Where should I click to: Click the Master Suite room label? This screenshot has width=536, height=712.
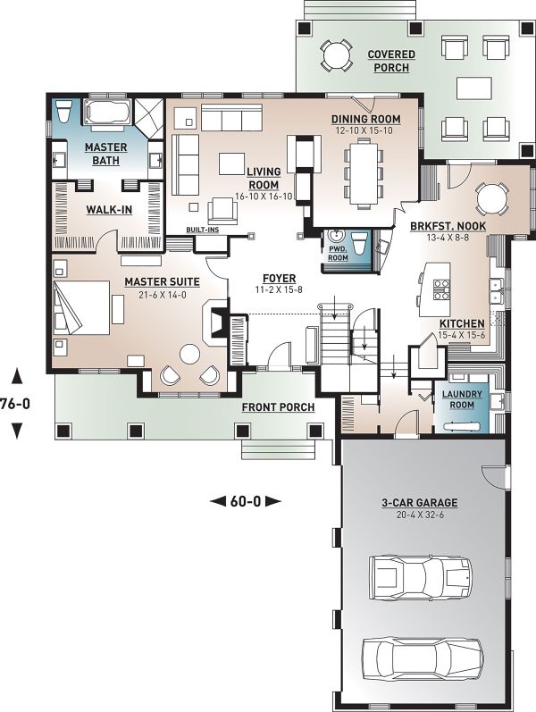(x=163, y=281)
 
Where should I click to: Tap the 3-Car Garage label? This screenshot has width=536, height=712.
(x=419, y=503)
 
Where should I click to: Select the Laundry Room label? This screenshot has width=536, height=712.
(x=462, y=399)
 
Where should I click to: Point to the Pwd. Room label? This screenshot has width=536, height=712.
(x=338, y=254)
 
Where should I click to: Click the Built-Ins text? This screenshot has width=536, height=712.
(x=203, y=230)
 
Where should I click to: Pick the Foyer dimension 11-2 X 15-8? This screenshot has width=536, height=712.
(x=280, y=289)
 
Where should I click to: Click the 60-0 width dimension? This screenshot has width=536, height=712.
(x=246, y=501)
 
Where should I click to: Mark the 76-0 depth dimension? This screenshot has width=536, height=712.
(x=15, y=403)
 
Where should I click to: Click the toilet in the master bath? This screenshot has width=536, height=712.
(x=63, y=111)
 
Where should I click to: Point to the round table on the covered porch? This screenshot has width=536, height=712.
(x=337, y=56)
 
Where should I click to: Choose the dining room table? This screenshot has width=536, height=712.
(x=364, y=174)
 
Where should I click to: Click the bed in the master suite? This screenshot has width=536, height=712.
(x=82, y=308)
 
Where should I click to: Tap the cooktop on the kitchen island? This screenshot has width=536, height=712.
(x=441, y=289)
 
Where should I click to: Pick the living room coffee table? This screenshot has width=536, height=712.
(x=231, y=163)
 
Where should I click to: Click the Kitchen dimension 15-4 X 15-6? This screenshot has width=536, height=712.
(x=462, y=335)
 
